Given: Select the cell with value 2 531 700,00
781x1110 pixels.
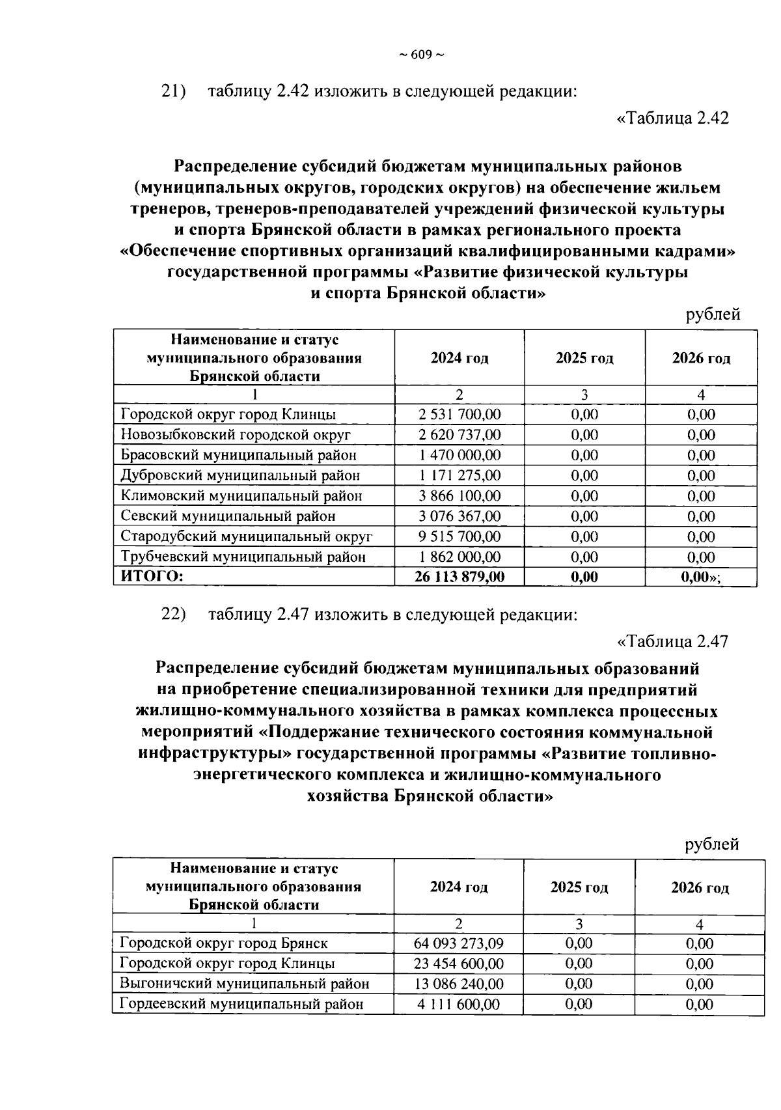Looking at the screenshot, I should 459,414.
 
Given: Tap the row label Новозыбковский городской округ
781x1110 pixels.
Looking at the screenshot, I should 236,434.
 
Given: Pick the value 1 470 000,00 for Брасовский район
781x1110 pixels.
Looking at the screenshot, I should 459,455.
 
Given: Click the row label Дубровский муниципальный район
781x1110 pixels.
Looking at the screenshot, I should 240,475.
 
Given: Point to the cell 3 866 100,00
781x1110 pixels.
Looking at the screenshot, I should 459,495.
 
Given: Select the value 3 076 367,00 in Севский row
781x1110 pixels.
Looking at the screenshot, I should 459,516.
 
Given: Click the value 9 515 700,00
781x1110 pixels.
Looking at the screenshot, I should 459,536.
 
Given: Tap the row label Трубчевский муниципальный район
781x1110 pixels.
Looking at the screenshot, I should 243,557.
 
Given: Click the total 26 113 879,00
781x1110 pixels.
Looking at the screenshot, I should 459,577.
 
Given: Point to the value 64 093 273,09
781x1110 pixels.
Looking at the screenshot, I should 459,943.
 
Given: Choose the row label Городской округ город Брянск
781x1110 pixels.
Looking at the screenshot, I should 224,943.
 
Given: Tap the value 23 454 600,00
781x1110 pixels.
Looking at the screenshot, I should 459,964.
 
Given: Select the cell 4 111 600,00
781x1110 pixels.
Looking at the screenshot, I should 459,1004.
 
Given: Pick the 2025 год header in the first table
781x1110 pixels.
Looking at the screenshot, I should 584,358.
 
